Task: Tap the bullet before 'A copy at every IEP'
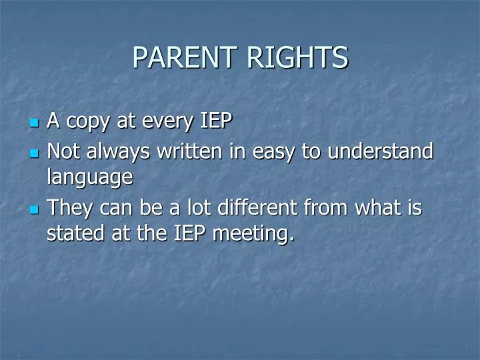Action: [35, 123]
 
